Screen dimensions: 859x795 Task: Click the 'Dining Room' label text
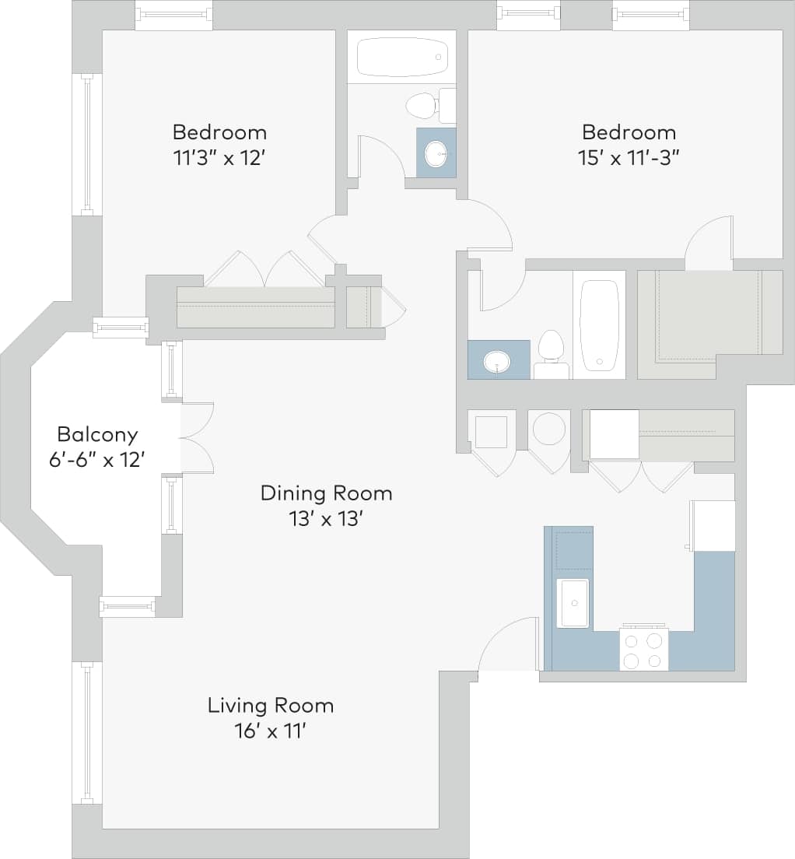pos(326,493)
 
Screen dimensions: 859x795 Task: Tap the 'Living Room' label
pos(270,706)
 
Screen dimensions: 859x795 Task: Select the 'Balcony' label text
pos(97,434)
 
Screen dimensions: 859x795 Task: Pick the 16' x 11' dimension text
pos(270,731)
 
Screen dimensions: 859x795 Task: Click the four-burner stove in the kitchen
pos(643,650)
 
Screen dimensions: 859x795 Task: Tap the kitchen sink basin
pos(573,602)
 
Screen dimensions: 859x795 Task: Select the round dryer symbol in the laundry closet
pos(549,429)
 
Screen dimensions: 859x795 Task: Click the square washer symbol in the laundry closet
pos(491,432)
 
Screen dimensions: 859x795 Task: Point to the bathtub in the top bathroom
pos(401,57)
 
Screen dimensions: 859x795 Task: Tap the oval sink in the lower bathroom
pos(496,362)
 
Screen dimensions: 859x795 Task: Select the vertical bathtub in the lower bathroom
pos(599,324)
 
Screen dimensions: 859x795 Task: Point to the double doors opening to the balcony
pos(196,438)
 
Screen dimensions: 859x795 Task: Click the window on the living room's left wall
pos(87,732)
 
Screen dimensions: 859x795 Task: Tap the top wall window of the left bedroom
pos(173,14)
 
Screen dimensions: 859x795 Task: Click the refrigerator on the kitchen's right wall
pos(713,526)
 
